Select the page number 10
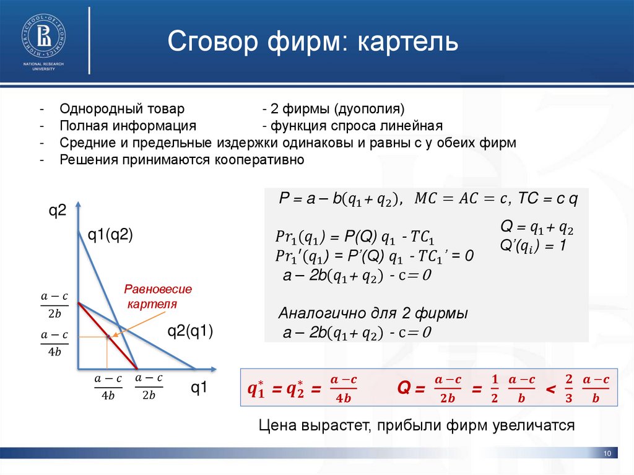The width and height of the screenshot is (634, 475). pyautogui.click(x=607, y=455)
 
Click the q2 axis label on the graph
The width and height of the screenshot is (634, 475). pyautogui.click(x=58, y=212)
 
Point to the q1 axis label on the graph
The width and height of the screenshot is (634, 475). pyautogui.click(x=199, y=388)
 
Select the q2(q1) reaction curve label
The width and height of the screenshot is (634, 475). pyautogui.click(x=191, y=332)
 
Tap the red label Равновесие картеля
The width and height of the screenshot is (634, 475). pyautogui.click(x=158, y=297)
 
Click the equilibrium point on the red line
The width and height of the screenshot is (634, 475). pyautogui.click(x=108, y=336)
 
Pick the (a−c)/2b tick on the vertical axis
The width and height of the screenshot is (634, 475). pyautogui.click(x=54, y=305)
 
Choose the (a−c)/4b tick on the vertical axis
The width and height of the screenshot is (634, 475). pyautogui.click(x=54, y=344)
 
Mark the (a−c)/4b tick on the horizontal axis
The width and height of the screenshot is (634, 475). pyautogui.click(x=108, y=387)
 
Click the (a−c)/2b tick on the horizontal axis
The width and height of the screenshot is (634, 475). pyautogui.click(x=149, y=387)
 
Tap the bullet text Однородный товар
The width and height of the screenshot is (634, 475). pyautogui.click(x=122, y=110)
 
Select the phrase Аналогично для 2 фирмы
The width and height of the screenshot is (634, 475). pyautogui.click(x=373, y=313)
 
